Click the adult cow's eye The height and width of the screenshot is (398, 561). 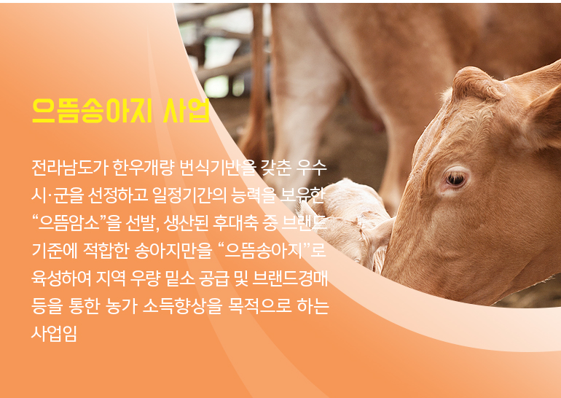[456, 178]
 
